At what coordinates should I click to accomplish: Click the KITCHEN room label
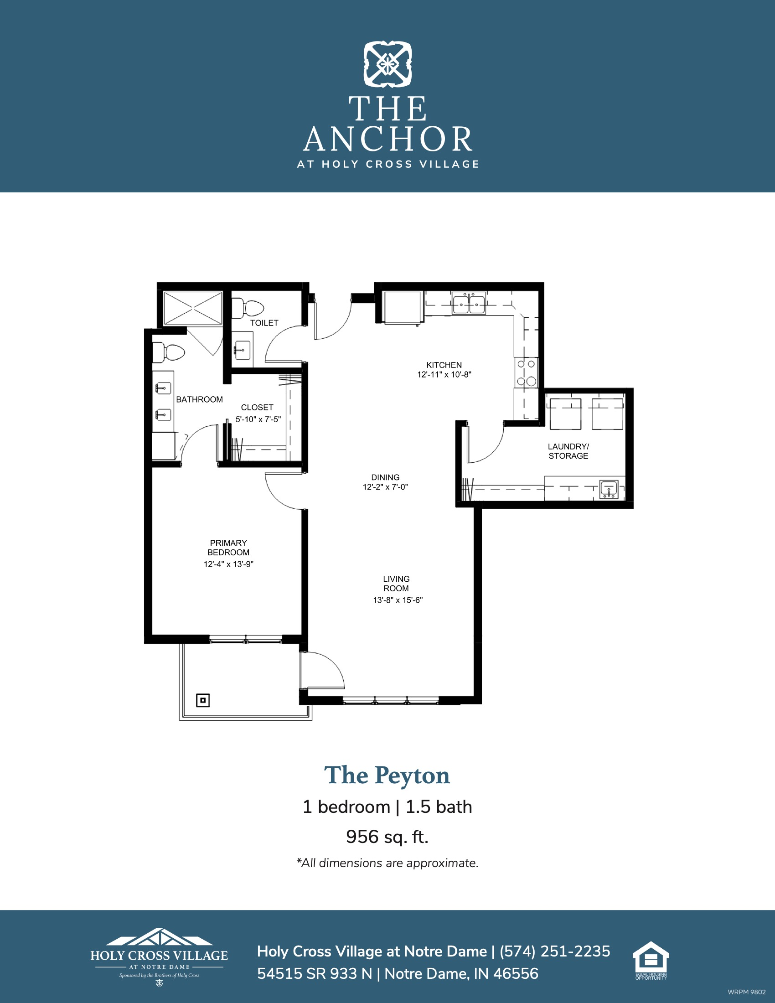(444, 365)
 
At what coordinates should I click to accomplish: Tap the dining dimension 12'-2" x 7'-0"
(385, 487)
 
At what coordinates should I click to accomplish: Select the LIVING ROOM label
(396, 584)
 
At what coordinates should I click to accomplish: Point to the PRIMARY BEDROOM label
(228, 548)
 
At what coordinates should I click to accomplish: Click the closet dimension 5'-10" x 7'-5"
(258, 419)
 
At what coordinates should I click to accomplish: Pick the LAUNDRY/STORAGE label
(568, 451)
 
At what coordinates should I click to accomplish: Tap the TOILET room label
(264, 323)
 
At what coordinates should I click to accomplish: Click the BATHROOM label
(199, 399)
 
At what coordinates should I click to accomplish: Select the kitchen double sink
(468, 303)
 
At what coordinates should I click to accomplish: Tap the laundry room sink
(609, 489)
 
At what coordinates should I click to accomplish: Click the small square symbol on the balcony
(203, 700)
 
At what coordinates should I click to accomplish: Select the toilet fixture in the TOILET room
(248, 308)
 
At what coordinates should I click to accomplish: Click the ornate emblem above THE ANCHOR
(388, 64)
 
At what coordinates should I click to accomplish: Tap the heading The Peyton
(387, 775)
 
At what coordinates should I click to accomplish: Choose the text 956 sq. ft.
(387, 837)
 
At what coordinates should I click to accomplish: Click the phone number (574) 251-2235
(555, 951)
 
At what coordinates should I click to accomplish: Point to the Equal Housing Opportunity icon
(651, 960)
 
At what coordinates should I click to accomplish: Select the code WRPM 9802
(747, 992)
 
